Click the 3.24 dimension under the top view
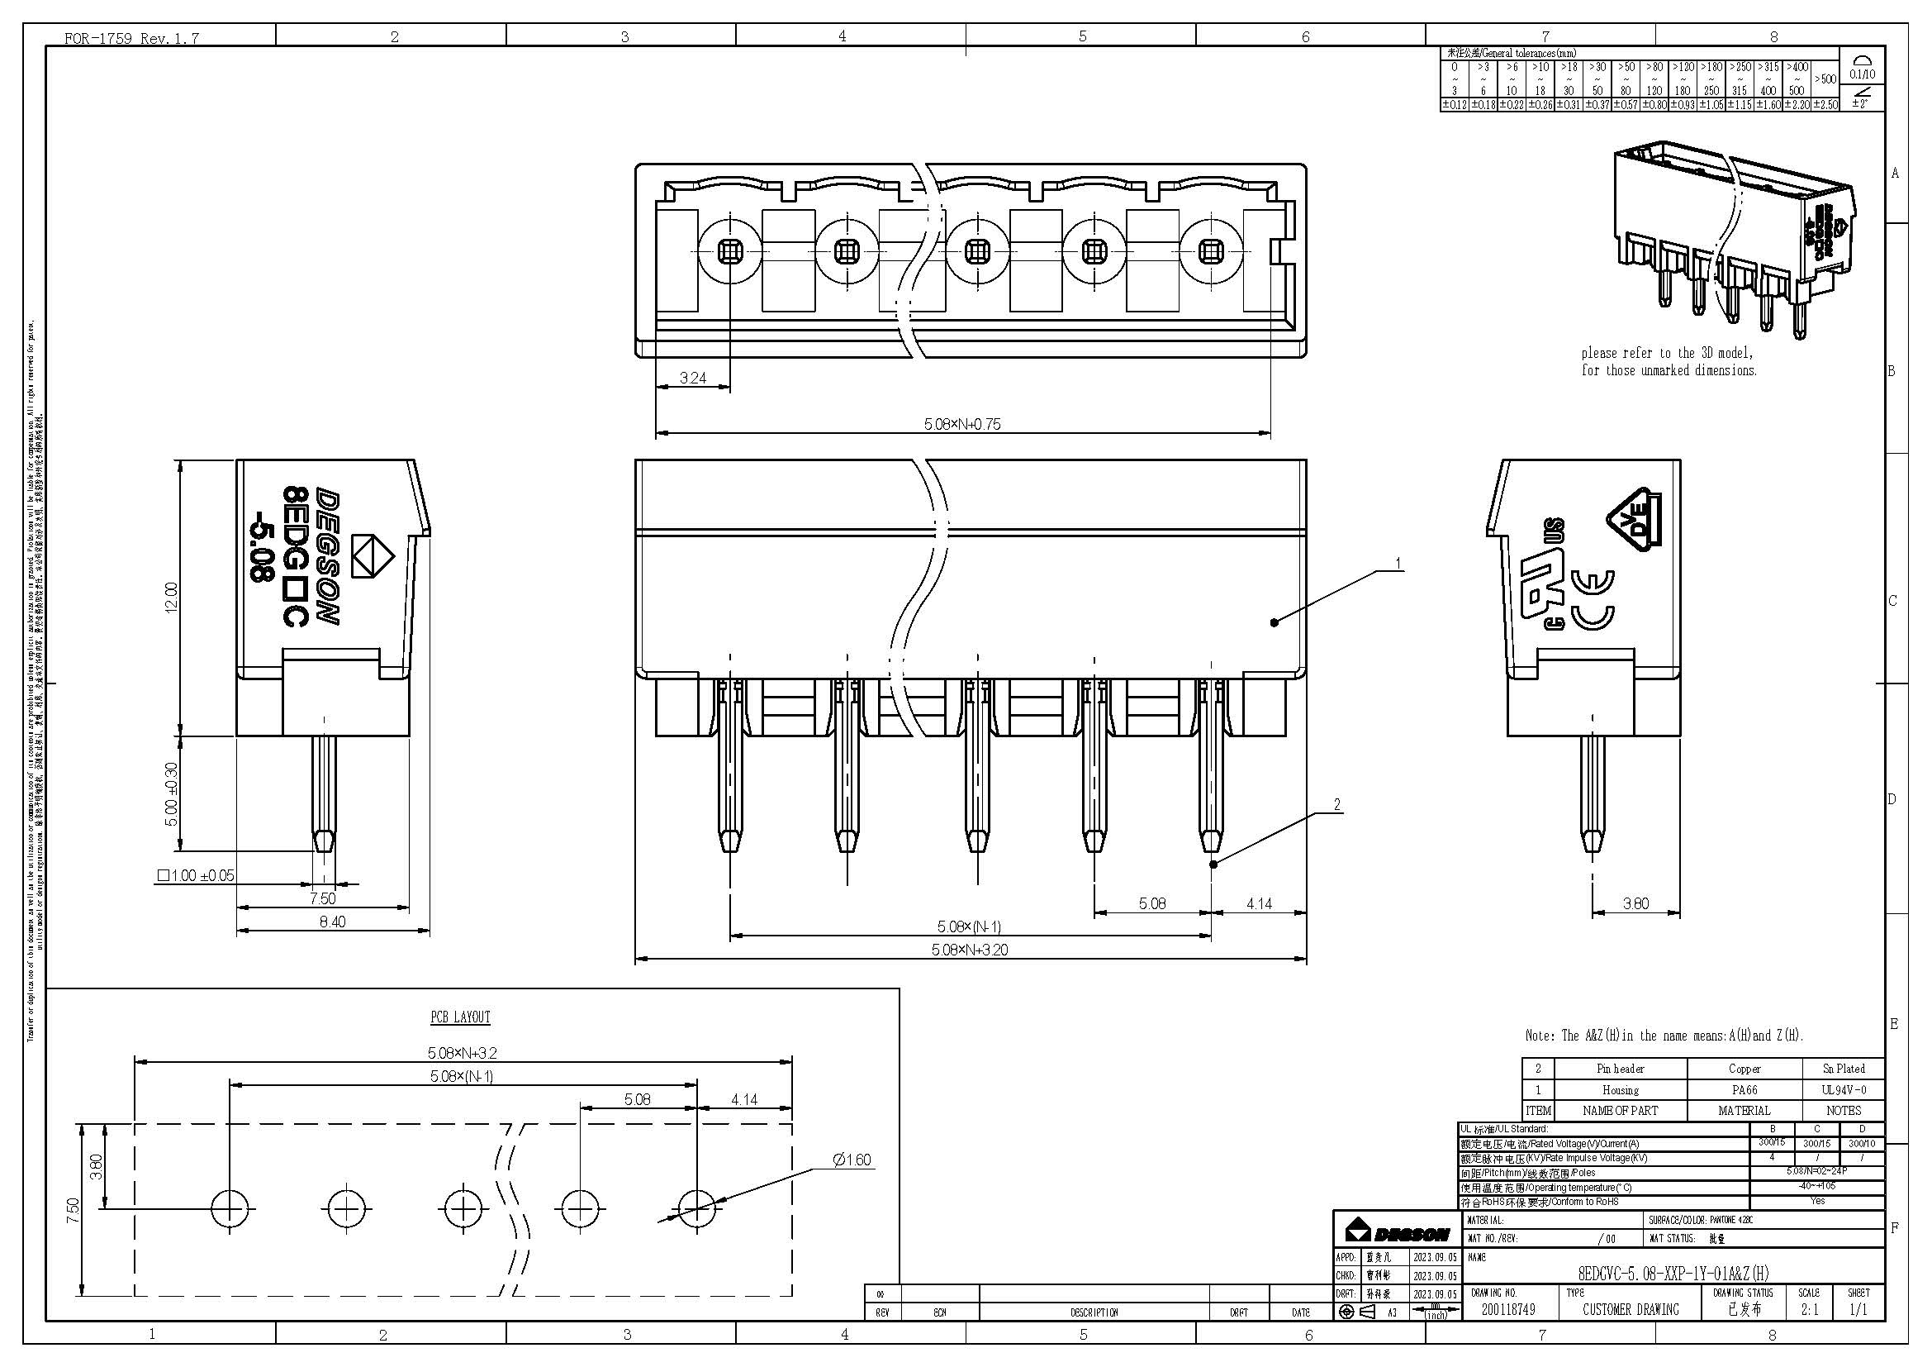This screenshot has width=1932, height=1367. pos(692,379)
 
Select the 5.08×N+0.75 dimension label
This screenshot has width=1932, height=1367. pos(961,424)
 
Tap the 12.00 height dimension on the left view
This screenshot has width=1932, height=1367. pos(172,597)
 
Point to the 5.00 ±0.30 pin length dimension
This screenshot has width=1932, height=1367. pos(172,793)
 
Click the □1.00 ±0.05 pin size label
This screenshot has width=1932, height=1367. pos(195,875)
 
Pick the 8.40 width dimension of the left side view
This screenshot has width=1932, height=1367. pos(331,922)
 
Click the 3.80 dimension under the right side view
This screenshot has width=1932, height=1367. pos(1635,903)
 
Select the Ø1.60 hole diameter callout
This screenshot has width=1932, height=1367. pos(852,1160)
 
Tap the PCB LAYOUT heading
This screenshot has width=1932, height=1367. pos(460,1017)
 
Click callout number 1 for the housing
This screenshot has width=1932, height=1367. pos(1398,563)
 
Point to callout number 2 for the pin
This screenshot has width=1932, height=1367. pos(1337,805)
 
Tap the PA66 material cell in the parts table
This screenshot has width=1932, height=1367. pos(1744,1089)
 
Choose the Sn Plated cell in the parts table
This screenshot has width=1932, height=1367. pos(1843,1068)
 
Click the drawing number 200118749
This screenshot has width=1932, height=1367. pos(1508,1310)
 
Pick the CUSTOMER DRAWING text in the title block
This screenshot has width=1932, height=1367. pos(1630,1310)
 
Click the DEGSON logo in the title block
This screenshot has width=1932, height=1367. pos(1396,1234)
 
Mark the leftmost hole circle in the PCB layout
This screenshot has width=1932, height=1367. pos(230,1210)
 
